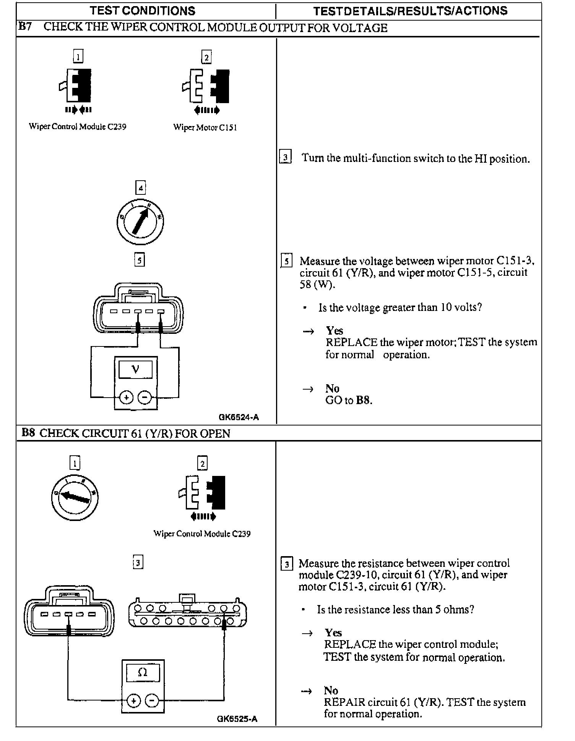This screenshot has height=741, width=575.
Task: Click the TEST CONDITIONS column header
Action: (x=142, y=11)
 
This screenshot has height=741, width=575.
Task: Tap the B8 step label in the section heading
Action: (x=28, y=433)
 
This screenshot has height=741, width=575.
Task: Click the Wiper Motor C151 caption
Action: (x=205, y=128)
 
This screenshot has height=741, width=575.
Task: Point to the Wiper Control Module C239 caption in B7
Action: (x=78, y=127)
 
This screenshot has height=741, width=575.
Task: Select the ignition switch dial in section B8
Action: (x=75, y=497)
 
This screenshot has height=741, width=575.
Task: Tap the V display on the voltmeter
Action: (x=135, y=369)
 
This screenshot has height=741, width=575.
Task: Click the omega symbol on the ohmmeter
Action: (x=143, y=673)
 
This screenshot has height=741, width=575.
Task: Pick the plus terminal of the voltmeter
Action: (x=126, y=398)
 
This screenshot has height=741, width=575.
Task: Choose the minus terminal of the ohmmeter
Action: (x=152, y=701)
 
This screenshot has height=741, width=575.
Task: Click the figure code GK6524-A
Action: (x=239, y=417)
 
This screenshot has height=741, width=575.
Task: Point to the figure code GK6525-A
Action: (x=237, y=719)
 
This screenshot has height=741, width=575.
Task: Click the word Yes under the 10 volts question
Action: (x=335, y=330)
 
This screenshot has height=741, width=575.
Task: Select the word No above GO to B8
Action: (x=332, y=388)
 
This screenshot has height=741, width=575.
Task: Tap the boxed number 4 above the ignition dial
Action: (x=141, y=188)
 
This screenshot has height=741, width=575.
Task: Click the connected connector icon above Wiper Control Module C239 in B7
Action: (x=78, y=86)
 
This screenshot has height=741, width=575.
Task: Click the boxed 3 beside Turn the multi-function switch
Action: (x=285, y=158)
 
